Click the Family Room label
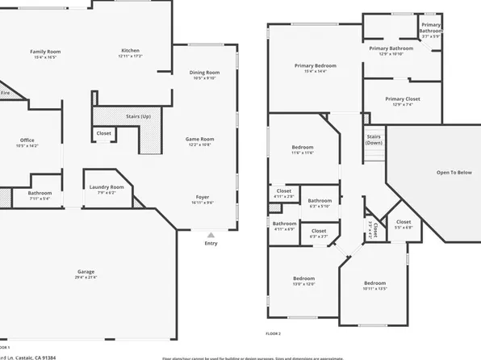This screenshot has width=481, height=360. [45, 52]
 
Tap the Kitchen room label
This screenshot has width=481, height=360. [130, 51]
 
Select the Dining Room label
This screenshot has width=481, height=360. [203, 73]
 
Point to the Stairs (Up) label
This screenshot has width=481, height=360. [138, 116]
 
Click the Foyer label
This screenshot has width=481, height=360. [203, 198]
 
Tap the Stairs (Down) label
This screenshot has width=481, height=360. [374, 140]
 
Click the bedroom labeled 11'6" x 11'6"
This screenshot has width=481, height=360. [302, 147]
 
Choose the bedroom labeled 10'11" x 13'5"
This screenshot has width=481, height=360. [374, 283]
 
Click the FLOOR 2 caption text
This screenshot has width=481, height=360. [274, 333]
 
